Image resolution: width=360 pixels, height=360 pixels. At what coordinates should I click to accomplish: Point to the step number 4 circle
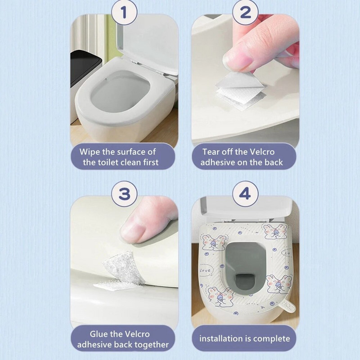coord(245,194)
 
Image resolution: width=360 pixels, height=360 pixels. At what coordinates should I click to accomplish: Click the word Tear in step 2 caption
coord(211,152)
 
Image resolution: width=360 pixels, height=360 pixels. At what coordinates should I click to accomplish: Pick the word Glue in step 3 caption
coord(97,333)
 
